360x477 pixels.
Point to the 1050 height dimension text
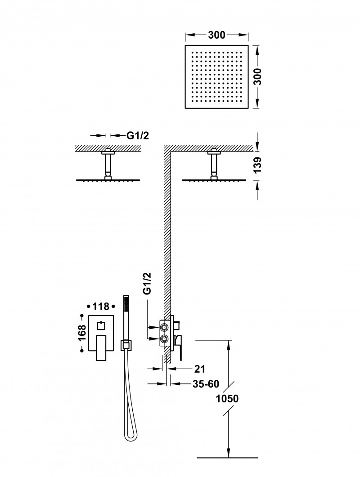227,398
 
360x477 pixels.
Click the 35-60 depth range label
207,384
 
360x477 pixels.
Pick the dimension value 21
200,369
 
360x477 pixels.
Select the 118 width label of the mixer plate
101,307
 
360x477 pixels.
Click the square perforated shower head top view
216,76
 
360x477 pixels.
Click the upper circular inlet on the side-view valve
164,326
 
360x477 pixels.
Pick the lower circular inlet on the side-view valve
164,339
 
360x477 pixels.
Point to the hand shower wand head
126,310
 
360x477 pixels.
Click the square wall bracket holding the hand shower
126,345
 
